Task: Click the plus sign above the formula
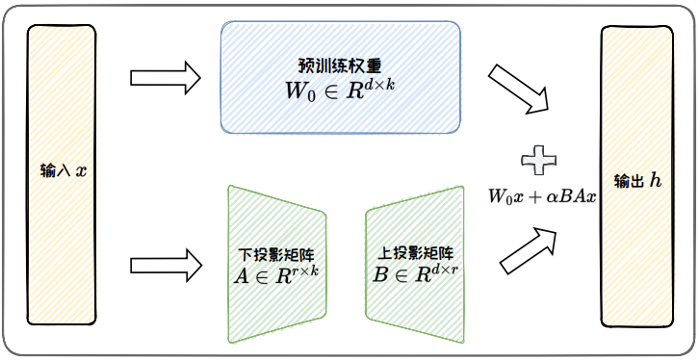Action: (x=540, y=158)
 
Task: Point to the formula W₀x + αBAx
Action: (x=542, y=195)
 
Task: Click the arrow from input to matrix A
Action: (x=164, y=262)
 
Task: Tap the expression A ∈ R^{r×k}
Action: (x=276, y=275)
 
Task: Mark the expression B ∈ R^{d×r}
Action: (x=416, y=273)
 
